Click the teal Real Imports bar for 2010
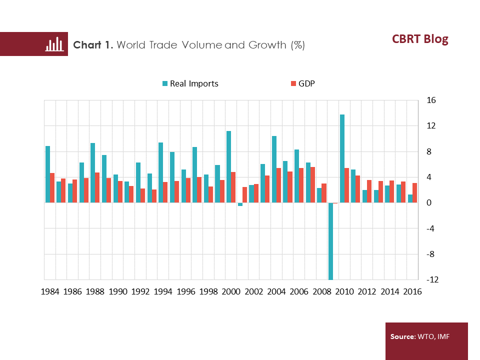342,158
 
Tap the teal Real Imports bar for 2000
228,167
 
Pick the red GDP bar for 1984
52,188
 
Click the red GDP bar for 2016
414,193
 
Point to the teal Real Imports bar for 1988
92,173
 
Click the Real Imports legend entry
190,83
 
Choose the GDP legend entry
302,83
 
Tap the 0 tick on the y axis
429,203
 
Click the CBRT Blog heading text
419,39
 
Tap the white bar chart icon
54,44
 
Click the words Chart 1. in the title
93,45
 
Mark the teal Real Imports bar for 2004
274,169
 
